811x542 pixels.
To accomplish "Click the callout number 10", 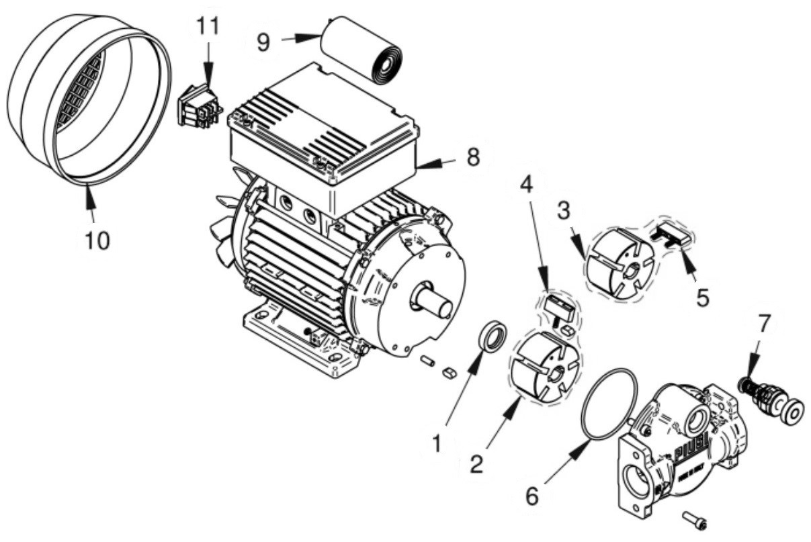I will click(x=97, y=239).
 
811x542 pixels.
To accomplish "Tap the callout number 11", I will click(x=208, y=28).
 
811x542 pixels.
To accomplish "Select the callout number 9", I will click(x=263, y=41).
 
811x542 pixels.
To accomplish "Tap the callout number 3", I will click(x=564, y=210).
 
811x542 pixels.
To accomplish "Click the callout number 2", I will click(x=476, y=465).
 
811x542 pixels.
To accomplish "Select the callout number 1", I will click(x=437, y=444).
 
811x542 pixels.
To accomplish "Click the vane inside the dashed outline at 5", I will click(x=670, y=236).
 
